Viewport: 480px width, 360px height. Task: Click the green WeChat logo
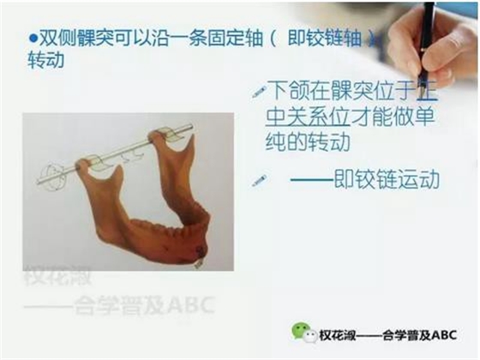tap(301, 332)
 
